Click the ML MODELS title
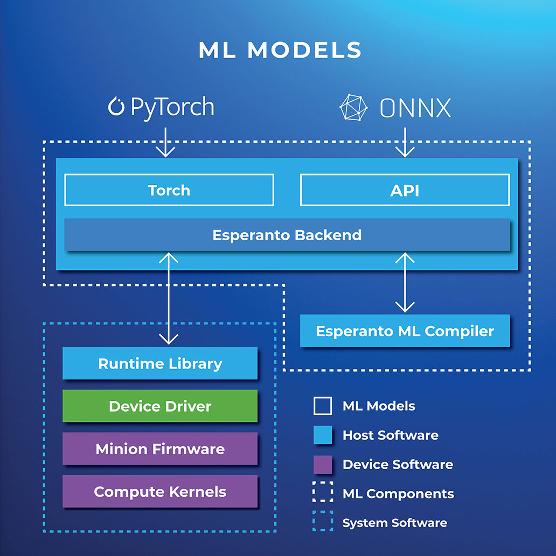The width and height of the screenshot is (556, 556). pyautogui.click(x=280, y=50)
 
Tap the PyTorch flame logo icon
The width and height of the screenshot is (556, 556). pyautogui.click(x=116, y=106)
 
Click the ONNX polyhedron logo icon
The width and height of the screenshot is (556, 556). pyautogui.click(x=353, y=107)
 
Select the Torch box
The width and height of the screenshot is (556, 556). pyautogui.click(x=169, y=190)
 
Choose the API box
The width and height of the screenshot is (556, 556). pyautogui.click(x=405, y=190)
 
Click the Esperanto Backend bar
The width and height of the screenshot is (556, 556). pyautogui.click(x=287, y=235)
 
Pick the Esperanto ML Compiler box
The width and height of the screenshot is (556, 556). pyautogui.click(x=405, y=330)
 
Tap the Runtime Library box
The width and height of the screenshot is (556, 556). pyautogui.click(x=160, y=363)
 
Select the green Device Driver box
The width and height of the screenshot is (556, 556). pyautogui.click(x=160, y=406)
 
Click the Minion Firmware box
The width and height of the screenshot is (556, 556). pyautogui.click(x=160, y=449)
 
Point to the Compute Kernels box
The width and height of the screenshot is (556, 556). pyautogui.click(x=160, y=491)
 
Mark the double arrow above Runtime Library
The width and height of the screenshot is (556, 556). pyautogui.click(x=169, y=298)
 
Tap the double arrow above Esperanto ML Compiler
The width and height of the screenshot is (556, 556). pyautogui.click(x=405, y=282)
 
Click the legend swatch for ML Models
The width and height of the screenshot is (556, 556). pyautogui.click(x=323, y=406)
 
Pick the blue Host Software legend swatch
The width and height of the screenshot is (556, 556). pyautogui.click(x=323, y=435)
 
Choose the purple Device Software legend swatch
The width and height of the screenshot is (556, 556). pyautogui.click(x=323, y=464)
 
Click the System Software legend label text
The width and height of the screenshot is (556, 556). pyautogui.click(x=395, y=523)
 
